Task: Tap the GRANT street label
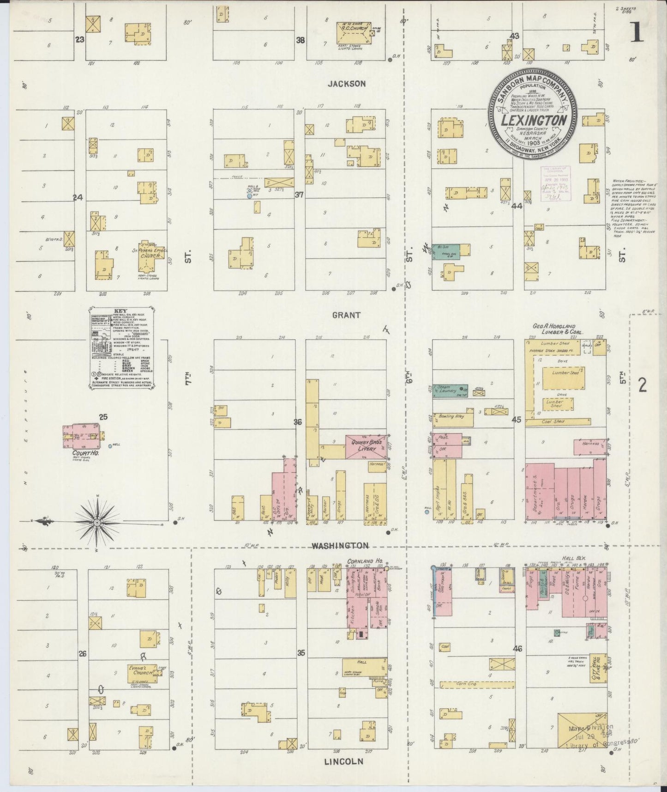point(346,315)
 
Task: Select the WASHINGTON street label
point(340,546)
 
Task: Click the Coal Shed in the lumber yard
point(558,421)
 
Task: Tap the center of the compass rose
point(97,523)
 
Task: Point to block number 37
point(299,195)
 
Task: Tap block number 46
point(517,648)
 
